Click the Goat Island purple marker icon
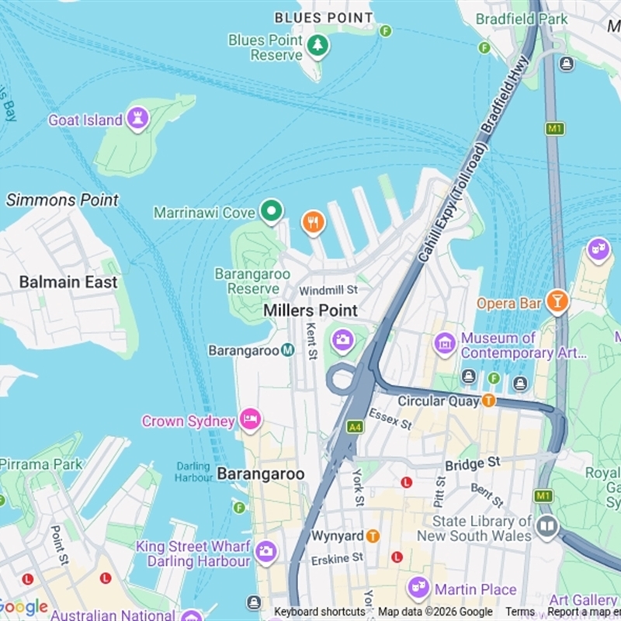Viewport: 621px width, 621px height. point(137,119)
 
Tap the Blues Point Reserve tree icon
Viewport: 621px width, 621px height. point(317,46)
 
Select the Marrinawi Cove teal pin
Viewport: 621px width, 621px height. point(271,210)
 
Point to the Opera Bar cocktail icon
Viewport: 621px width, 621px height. point(557,301)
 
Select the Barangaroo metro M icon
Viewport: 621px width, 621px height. point(288,350)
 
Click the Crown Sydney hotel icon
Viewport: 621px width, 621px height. point(250,420)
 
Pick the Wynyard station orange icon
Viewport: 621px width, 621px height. point(373,536)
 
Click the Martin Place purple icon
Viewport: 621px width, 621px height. point(418,588)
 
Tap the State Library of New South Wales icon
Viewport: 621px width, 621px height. point(547,527)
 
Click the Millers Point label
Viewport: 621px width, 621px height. point(310,310)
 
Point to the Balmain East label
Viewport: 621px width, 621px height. point(68,282)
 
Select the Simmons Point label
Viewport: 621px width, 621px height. point(63,200)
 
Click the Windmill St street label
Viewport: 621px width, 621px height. point(328,290)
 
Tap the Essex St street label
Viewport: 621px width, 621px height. point(390,420)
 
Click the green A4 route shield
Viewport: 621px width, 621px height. point(355,427)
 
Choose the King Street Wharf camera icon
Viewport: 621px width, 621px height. point(265,551)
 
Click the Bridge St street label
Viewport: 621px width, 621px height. point(472,464)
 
